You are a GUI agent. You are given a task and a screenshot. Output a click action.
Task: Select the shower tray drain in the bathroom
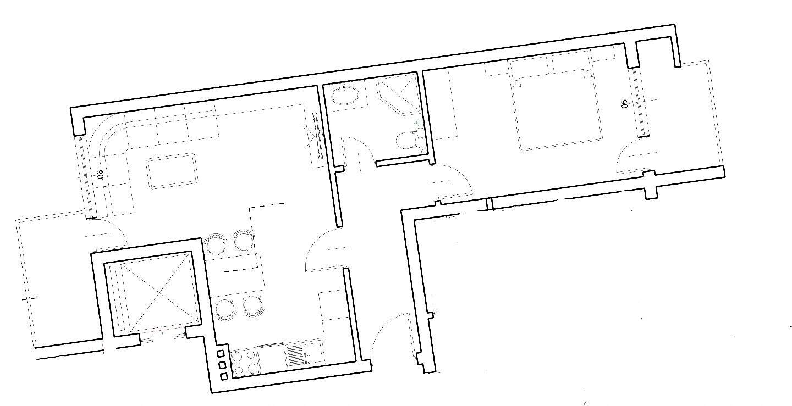click(x=399, y=95)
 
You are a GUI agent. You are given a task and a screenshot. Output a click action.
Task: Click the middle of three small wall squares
click(x=222, y=364)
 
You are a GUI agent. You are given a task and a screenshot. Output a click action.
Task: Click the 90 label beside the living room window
click(x=100, y=174)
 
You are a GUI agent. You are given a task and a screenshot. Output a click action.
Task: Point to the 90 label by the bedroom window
click(x=625, y=104)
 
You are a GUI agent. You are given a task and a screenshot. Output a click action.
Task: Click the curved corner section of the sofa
click(x=106, y=134)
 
